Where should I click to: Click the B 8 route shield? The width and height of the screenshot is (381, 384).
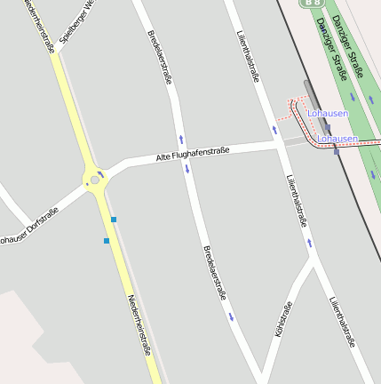[311, 4]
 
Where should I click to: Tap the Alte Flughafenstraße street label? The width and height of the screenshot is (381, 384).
[193, 154]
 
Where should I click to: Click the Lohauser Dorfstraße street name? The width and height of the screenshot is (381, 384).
[28, 226]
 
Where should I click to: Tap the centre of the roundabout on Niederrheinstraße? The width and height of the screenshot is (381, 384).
[94, 180]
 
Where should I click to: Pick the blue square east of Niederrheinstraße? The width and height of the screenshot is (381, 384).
[114, 219]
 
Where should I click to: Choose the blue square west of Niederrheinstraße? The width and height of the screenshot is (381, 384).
[106, 240]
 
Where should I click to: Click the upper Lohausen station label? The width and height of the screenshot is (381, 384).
[328, 114]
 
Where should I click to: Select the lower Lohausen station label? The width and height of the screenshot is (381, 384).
[337, 139]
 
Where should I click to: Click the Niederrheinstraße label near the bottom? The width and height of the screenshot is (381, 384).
[139, 325]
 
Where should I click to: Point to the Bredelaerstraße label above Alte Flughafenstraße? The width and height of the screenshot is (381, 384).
[160, 57]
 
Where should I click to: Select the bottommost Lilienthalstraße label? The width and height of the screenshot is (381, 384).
[342, 321]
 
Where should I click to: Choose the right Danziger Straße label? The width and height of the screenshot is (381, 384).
[347, 41]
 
